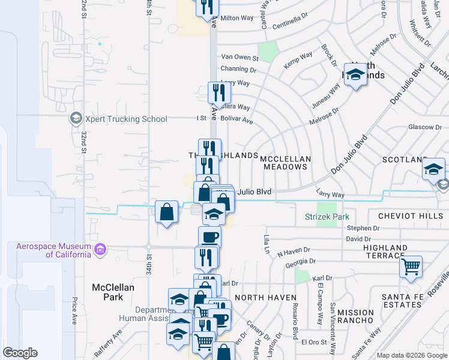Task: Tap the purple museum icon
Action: pos(100,249)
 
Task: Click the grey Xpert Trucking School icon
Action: pos(76,118)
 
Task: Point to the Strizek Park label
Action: pos(327,216)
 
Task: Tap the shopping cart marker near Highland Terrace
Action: pos(411,267)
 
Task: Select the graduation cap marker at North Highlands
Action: pos(355,75)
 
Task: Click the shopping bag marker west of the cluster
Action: pos(166,212)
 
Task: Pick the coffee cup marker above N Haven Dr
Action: pos(209,237)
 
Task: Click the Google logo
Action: pos(20,353)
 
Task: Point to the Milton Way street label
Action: pos(238,18)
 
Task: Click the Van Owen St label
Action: pos(239,59)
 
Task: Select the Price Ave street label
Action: pos(74,309)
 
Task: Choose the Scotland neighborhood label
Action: pos(405,160)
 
